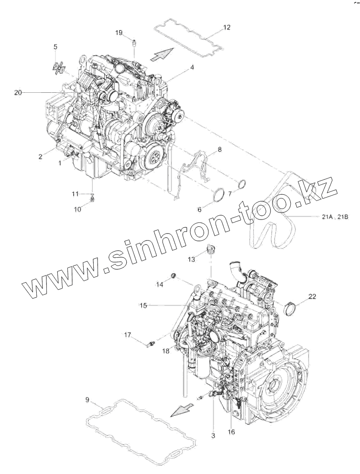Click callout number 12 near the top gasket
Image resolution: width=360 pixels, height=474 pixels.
point(227,27)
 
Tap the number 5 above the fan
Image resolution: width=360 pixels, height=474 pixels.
point(55,46)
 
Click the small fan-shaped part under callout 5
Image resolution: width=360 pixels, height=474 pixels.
point(59,68)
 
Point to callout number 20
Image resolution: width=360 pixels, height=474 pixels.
point(18,93)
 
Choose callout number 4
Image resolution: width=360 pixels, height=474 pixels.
point(192,68)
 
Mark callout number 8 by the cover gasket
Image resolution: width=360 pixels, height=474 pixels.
point(219,150)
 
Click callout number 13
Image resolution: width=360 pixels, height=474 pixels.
point(191,259)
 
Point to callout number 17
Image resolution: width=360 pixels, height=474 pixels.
point(129,335)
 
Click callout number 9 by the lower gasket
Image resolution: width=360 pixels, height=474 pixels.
point(87,400)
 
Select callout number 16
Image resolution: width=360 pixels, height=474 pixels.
point(231,431)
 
